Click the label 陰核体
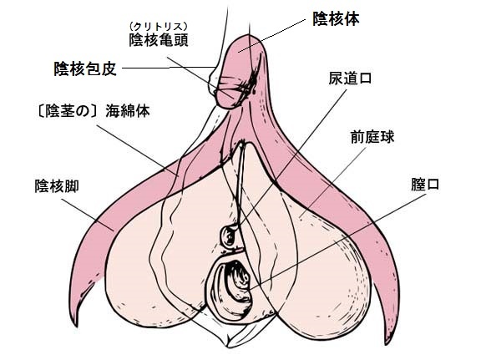[x=336, y=19]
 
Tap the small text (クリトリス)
[x=159, y=26]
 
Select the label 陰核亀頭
[x=159, y=40]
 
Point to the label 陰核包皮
[x=85, y=68]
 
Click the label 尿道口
[x=350, y=79]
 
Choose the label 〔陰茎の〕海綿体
[x=93, y=111]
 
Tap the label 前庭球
[x=372, y=137]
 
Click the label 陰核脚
[x=57, y=186]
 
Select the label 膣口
[x=425, y=185]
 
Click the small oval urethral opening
[x=229, y=236]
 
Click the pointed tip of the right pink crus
[x=386, y=342]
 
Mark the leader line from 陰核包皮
[x=169, y=68]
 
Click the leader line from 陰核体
[x=272, y=36]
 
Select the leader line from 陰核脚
[x=88, y=215]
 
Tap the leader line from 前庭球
[x=332, y=182]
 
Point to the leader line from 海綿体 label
[x=138, y=150]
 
